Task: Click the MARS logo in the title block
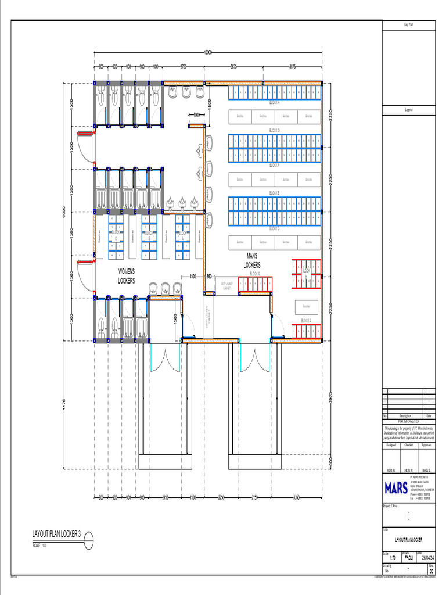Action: (395, 488)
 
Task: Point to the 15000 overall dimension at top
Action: (207, 52)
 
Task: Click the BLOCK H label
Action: (274, 103)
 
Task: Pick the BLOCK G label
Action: (274, 130)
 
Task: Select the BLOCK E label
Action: (274, 193)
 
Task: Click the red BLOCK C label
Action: (254, 274)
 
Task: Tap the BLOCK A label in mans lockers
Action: (306, 321)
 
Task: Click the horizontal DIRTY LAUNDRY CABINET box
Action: (226, 285)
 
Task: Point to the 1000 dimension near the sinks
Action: (196, 114)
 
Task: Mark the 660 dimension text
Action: (209, 277)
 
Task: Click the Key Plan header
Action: (408, 24)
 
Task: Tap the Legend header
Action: (408, 110)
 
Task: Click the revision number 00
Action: (430, 571)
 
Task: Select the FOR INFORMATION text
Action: (408, 421)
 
